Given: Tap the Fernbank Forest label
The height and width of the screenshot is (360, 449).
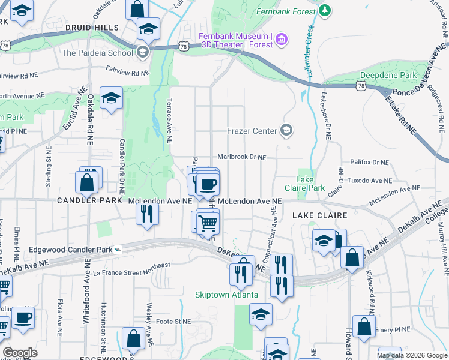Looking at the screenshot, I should click(286, 11).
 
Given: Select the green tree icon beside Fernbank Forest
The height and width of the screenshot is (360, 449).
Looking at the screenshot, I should click(325, 10).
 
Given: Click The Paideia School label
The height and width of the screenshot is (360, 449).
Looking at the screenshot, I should click(97, 52).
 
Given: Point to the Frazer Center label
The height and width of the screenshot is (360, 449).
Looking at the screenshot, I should click(252, 131).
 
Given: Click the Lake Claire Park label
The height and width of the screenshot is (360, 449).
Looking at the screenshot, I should click(310, 184).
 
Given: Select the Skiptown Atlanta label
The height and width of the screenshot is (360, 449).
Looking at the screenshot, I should click(226, 295).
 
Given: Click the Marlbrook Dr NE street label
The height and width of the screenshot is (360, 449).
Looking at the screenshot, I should click(241, 157).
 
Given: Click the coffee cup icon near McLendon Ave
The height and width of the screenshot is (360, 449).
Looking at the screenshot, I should click(208, 185).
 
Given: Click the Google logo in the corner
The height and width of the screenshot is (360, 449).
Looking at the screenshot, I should click(20, 353).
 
